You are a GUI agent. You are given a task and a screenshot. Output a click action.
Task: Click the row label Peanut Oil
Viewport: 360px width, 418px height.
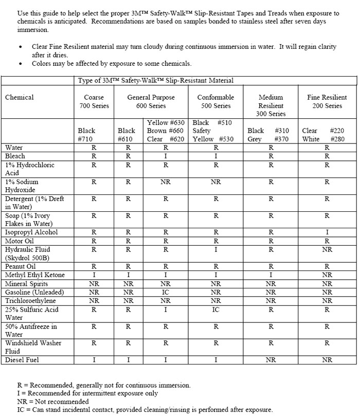(21, 266)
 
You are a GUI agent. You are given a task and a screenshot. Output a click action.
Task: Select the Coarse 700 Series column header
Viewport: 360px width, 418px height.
(94, 101)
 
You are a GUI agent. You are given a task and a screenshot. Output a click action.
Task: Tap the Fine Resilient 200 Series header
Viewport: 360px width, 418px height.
(327, 101)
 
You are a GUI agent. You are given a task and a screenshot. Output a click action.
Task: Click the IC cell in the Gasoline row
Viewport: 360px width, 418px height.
(165, 292)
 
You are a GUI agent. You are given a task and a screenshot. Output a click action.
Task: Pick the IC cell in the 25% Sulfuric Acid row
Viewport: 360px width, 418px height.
(215, 310)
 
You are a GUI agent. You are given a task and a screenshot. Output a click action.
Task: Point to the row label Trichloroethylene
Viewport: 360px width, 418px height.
(30, 301)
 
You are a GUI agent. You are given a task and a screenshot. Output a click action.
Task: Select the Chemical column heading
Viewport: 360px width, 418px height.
(19, 97)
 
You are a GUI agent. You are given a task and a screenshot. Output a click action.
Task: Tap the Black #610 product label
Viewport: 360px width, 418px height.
(127, 135)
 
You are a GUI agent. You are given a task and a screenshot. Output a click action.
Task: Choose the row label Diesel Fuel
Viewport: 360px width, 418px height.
(22, 360)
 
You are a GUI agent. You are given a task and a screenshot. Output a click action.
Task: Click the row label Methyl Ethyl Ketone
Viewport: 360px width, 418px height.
(35, 275)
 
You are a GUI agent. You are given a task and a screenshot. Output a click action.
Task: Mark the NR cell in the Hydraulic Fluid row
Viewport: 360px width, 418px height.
(327, 249)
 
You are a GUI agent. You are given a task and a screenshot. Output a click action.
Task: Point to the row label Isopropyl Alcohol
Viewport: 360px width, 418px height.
(31, 232)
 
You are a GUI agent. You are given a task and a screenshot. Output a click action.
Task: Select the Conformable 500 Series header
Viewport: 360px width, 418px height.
(215, 101)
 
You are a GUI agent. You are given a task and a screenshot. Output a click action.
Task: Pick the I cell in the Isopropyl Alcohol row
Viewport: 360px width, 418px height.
(327, 232)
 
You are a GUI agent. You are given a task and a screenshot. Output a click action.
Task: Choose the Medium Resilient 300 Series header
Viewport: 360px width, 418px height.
(271, 105)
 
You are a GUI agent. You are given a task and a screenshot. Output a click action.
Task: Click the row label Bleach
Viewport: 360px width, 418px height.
(15, 156)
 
